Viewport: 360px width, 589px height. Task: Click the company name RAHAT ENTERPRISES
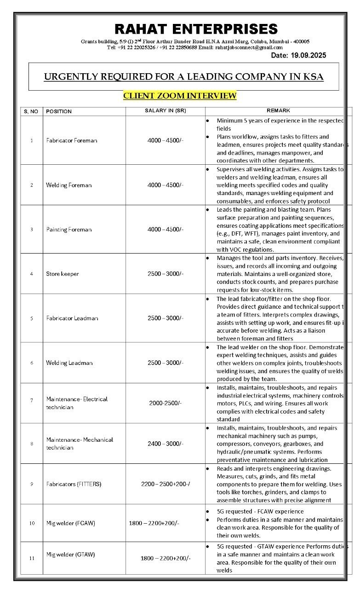click(196, 29)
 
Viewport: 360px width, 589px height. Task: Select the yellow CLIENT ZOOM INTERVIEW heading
click(180, 96)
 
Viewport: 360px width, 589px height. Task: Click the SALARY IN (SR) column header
click(165, 111)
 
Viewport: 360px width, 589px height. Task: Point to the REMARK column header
click(278, 110)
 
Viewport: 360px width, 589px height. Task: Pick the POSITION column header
click(59, 111)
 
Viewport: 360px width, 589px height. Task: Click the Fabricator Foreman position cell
click(71, 140)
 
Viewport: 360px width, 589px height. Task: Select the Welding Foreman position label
click(69, 185)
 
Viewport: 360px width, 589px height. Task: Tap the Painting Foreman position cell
click(69, 230)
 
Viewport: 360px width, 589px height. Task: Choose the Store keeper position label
click(62, 274)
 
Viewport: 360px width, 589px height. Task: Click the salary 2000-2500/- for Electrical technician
click(165, 403)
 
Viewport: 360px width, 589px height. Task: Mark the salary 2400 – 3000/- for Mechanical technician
click(165, 444)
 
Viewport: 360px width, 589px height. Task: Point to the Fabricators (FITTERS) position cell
click(74, 484)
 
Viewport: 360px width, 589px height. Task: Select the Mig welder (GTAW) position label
click(70, 554)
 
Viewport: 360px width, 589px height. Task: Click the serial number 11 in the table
click(32, 558)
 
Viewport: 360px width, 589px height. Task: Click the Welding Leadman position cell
click(69, 363)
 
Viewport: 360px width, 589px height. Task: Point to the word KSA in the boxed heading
click(313, 77)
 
